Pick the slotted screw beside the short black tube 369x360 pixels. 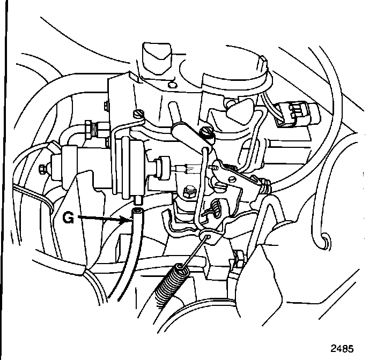pos(205,131)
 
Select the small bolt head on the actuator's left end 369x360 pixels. pos(43,170)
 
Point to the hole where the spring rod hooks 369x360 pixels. pos(205,236)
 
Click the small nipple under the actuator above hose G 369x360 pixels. pos(138,199)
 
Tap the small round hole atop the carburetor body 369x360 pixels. pos(171,84)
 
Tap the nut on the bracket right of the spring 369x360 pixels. pos(238,262)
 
